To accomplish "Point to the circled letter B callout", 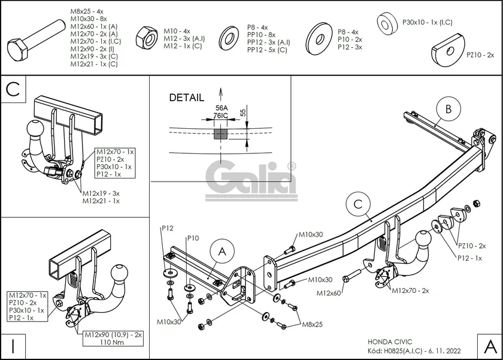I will point(452,110).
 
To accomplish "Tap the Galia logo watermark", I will point(251,179).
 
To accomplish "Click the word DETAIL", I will point(186,97).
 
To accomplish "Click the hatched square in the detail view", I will point(221,133).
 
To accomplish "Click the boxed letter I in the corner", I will point(13,347).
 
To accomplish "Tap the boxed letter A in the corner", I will point(488,346).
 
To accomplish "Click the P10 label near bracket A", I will point(193,238).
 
